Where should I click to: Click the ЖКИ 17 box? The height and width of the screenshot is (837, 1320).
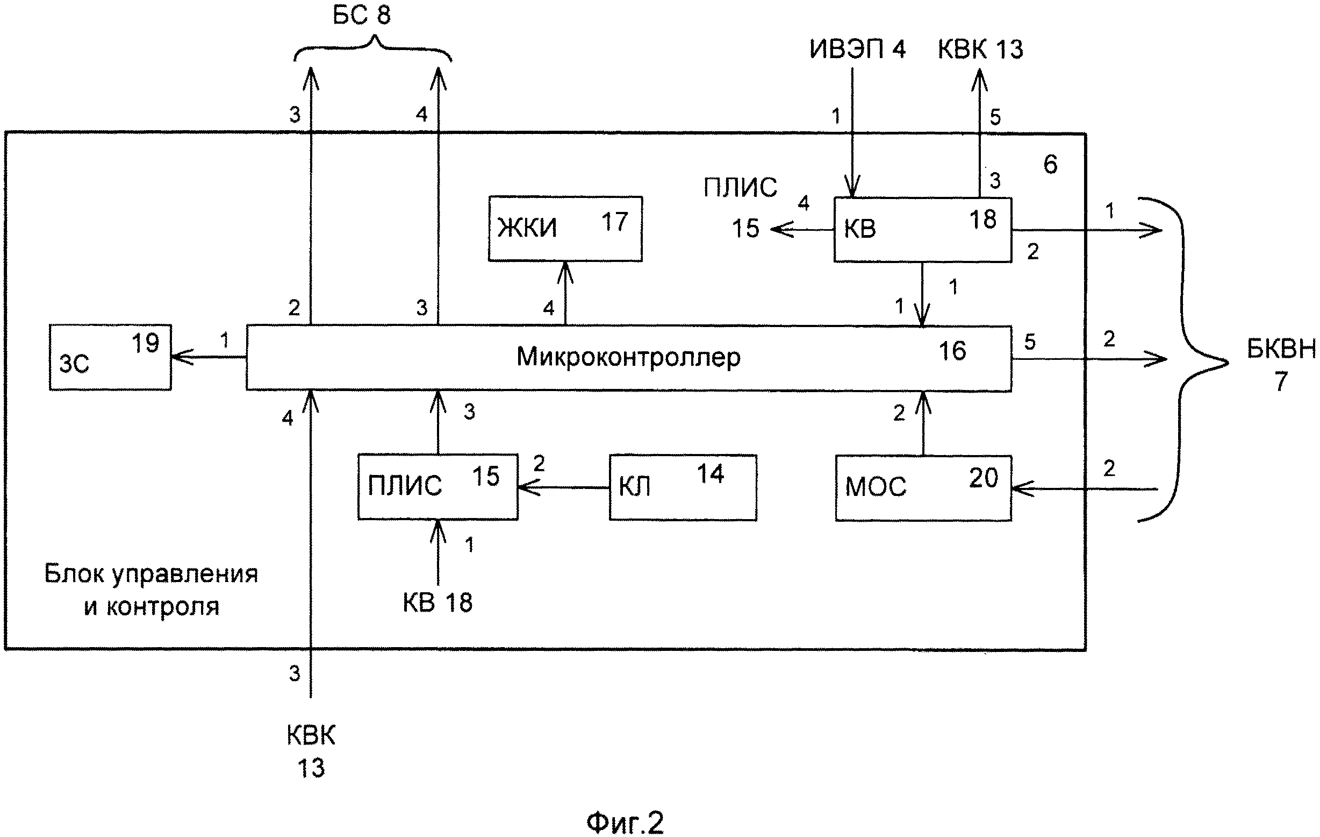565,228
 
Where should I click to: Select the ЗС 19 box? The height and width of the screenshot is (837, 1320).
110,357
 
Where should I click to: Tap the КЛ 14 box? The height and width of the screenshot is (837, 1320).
683,487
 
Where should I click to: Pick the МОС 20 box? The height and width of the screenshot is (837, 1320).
923,487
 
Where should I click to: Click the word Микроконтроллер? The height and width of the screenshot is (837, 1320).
628,357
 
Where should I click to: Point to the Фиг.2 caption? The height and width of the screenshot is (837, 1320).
625,822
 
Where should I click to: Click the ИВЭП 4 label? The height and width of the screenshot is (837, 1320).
857,49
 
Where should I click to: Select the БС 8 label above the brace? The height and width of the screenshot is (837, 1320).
362,15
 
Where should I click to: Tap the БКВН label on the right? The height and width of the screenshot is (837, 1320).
1281,349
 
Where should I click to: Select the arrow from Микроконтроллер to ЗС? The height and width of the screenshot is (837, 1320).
209,358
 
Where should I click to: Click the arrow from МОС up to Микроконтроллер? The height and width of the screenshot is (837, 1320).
924,422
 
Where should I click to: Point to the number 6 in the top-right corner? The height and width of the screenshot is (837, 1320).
1050,164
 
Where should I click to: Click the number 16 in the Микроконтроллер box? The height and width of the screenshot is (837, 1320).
952,351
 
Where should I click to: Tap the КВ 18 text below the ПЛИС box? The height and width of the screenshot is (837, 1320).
437,602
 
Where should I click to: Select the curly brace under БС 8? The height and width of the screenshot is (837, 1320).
374,48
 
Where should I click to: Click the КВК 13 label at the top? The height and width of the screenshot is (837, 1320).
980,49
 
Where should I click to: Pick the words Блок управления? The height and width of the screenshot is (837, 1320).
150,574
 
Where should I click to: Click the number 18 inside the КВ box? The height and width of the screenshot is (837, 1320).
982,219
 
